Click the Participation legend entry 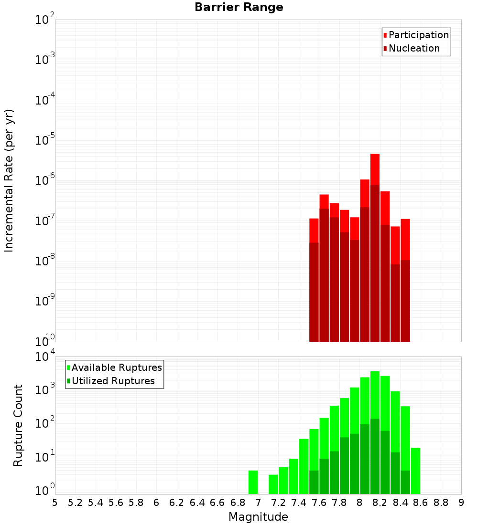416,35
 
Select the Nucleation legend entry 411,49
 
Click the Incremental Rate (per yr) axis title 9,181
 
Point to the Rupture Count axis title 18,425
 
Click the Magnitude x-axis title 258,517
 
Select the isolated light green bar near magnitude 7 253,482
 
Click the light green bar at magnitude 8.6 415,471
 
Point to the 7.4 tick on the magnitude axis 299,503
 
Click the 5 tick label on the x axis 55,503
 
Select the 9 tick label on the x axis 461,503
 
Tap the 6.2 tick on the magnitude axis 177,503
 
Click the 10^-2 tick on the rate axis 44,20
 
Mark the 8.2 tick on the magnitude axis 380,503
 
